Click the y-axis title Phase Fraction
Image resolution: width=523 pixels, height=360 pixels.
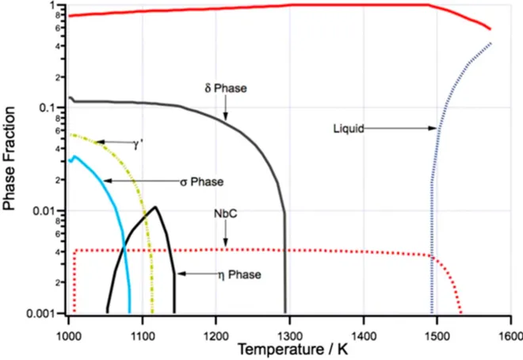[10, 159]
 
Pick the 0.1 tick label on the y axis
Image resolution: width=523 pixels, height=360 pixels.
[53, 108]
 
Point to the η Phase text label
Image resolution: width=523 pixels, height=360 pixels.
[239, 274]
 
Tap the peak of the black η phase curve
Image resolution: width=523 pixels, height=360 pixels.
[157, 208]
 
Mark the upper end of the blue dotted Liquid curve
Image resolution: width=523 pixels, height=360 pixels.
[491, 44]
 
